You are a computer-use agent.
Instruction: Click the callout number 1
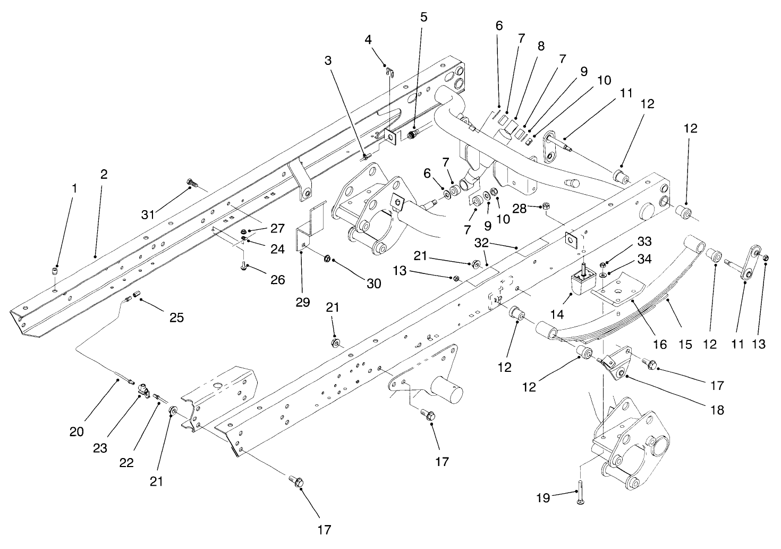point(74,188)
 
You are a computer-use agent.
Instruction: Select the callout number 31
point(148,214)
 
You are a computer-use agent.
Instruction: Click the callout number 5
point(423,16)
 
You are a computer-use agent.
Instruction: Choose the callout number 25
point(176,318)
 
